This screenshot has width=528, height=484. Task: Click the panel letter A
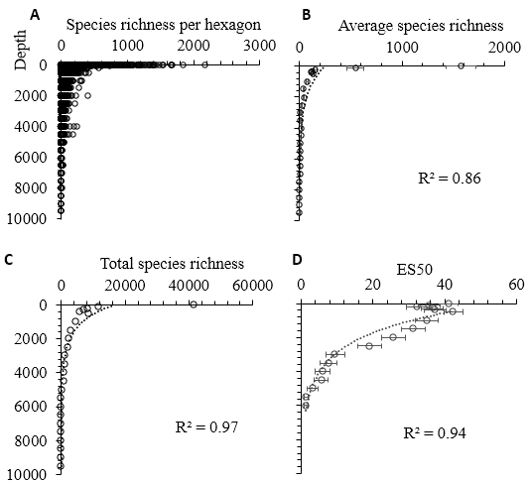(x=36, y=15)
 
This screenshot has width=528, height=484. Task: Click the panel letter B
(x=307, y=15)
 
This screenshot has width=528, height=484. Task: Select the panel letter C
(x=8, y=261)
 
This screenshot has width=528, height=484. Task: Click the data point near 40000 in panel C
(x=194, y=303)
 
